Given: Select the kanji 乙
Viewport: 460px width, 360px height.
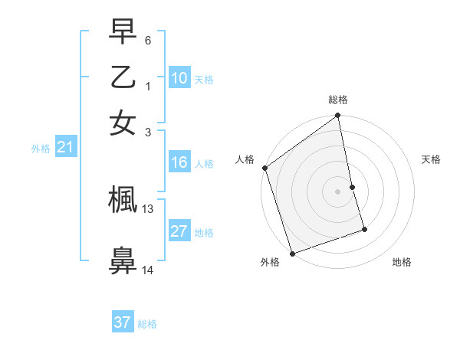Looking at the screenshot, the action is click(x=123, y=78).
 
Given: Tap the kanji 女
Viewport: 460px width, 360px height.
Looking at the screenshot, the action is click(x=123, y=123).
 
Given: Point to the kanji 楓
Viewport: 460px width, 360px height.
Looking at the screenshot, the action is click(x=123, y=200).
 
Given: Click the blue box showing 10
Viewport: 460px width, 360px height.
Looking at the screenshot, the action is click(x=179, y=78).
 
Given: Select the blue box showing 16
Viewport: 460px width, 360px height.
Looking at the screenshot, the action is click(x=179, y=162).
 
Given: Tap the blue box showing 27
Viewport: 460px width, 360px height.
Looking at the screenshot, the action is click(x=179, y=231).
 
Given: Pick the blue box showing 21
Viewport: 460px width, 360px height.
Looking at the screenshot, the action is click(x=65, y=148).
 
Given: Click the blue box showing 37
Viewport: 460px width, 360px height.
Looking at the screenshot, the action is click(x=122, y=322).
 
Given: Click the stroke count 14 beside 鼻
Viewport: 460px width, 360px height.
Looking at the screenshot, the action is click(x=148, y=270).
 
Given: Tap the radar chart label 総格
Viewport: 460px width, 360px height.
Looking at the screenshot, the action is click(x=338, y=100).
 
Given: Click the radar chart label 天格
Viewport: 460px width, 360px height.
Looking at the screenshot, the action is click(x=431, y=159).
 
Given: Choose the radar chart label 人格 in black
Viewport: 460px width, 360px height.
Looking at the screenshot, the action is click(x=245, y=159).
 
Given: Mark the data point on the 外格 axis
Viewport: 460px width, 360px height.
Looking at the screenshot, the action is click(x=292, y=253).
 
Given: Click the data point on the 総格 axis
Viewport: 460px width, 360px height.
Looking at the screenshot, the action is click(x=338, y=116).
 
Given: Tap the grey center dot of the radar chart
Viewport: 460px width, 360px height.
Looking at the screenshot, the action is click(x=338, y=191).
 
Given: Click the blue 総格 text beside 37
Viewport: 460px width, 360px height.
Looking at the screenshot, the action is click(x=147, y=324).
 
